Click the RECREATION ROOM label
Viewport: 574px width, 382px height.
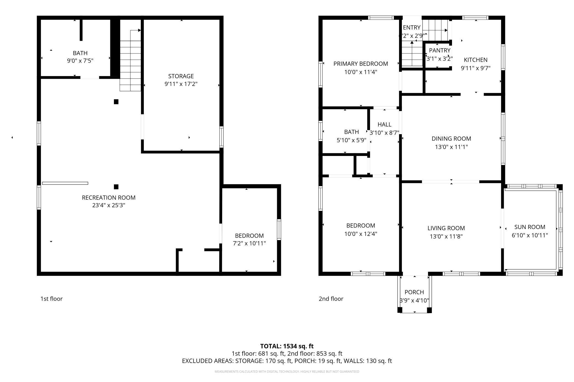coord(108,198)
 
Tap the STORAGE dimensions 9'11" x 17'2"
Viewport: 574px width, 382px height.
coord(181,84)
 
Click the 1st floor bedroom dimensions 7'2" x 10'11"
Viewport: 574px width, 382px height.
coord(249,243)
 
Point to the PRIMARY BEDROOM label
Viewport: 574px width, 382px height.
coord(360,64)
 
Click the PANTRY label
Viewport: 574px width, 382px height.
coord(440,50)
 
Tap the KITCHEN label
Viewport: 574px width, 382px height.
coord(475,60)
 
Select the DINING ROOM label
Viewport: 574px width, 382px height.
coord(451,139)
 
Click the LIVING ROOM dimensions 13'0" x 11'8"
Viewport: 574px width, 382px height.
coord(446,236)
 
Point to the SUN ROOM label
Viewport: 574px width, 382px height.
coord(530,227)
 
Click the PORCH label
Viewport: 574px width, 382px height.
coord(414,292)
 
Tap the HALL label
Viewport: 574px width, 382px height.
coord(384,125)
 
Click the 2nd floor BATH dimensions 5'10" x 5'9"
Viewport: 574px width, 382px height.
coord(351,140)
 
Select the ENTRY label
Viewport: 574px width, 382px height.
coord(411,28)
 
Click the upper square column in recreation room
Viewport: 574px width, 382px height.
coord(116,102)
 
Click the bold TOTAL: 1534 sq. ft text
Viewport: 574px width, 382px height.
coord(287,346)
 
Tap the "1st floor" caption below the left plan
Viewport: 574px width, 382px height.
coord(52,299)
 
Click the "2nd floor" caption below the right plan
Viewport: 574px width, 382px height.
coord(331,299)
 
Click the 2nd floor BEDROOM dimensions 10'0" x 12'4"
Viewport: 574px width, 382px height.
coord(360,234)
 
